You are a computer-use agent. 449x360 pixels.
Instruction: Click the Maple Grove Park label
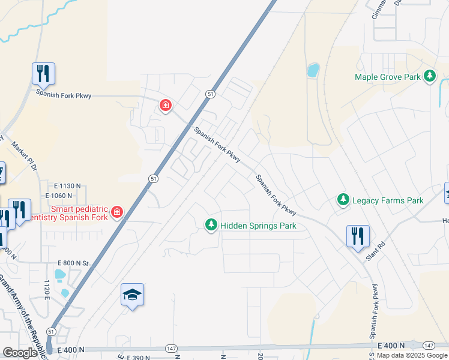click(x=387, y=77)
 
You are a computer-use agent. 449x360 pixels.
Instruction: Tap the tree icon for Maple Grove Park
click(x=429, y=76)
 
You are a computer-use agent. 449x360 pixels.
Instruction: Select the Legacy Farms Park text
click(x=388, y=200)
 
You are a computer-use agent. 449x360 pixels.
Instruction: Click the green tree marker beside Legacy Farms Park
click(x=343, y=199)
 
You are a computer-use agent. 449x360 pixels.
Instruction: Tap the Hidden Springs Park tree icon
click(x=211, y=225)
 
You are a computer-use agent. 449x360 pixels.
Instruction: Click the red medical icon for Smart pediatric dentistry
click(x=117, y=212)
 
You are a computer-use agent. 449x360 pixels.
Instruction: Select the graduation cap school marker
click(x=132, y=295)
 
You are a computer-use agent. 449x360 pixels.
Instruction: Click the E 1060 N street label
click(x=63, y=196)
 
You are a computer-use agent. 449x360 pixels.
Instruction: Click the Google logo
click(x=20, y=353)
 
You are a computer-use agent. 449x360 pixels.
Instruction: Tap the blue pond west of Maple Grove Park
click(x=313, y=70)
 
